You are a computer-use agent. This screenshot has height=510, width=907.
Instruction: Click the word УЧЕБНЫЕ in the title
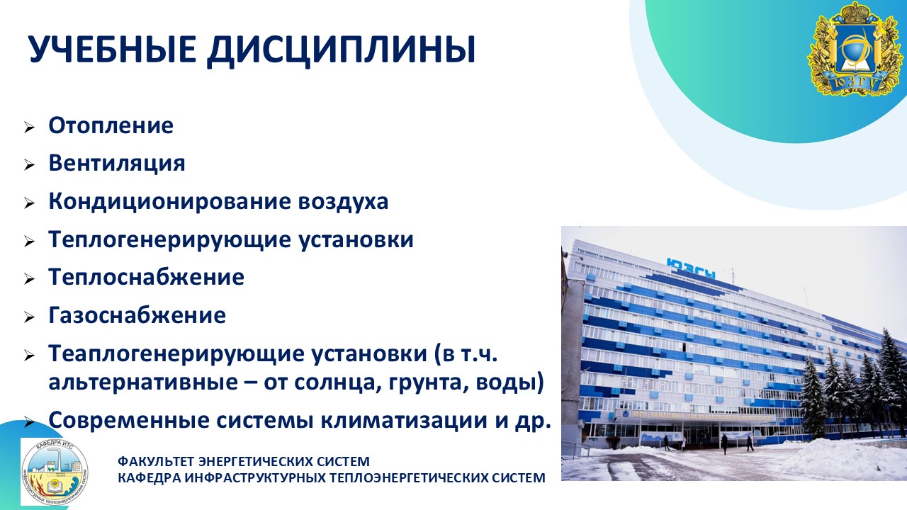(x=113, y=50)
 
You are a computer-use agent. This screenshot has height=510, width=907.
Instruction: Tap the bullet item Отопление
(x=111, y=125)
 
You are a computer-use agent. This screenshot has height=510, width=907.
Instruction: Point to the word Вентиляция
(x=117, y=164)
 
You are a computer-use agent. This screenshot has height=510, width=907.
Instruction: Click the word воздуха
(x=343, y=201)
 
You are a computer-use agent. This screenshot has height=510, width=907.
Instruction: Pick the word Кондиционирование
(x=169, y=201)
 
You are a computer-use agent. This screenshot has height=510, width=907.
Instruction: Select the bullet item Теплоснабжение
(x=146, y=277)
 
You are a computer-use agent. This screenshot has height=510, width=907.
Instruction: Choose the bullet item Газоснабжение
(x=137, y=315)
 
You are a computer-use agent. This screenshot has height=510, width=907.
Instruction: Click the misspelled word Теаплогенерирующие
(x=176, y=354)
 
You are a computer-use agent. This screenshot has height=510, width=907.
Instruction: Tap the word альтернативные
(x=143, y=382)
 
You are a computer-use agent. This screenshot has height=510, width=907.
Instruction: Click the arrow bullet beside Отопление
(x=29, y=127)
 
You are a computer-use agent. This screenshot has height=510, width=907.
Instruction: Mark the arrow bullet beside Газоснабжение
(x=29, y=317)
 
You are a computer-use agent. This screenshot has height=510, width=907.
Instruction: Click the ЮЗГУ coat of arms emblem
(x=855, y=50)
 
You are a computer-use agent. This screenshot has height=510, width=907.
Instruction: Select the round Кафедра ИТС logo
(x=55, y=472)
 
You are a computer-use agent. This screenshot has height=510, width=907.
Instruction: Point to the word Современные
(x=129, y=421)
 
